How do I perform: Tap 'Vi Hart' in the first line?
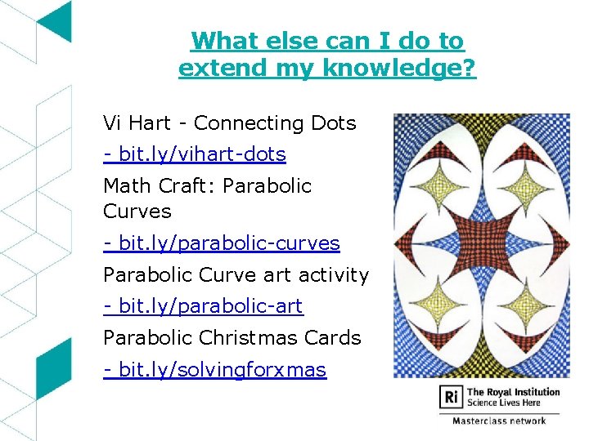[x=136, y=123]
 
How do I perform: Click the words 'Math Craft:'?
[x=159, y=185]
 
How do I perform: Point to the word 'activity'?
[x=335, y=275]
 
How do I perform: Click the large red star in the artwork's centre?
[x=482, y=245]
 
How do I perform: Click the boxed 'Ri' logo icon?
[x=451, y=397]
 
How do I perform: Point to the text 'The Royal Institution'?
[x=513, y=392]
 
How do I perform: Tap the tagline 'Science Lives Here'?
[x=504, y=403]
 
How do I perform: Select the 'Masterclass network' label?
[x=499, y=421]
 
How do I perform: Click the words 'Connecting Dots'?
[x=275, y=123]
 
